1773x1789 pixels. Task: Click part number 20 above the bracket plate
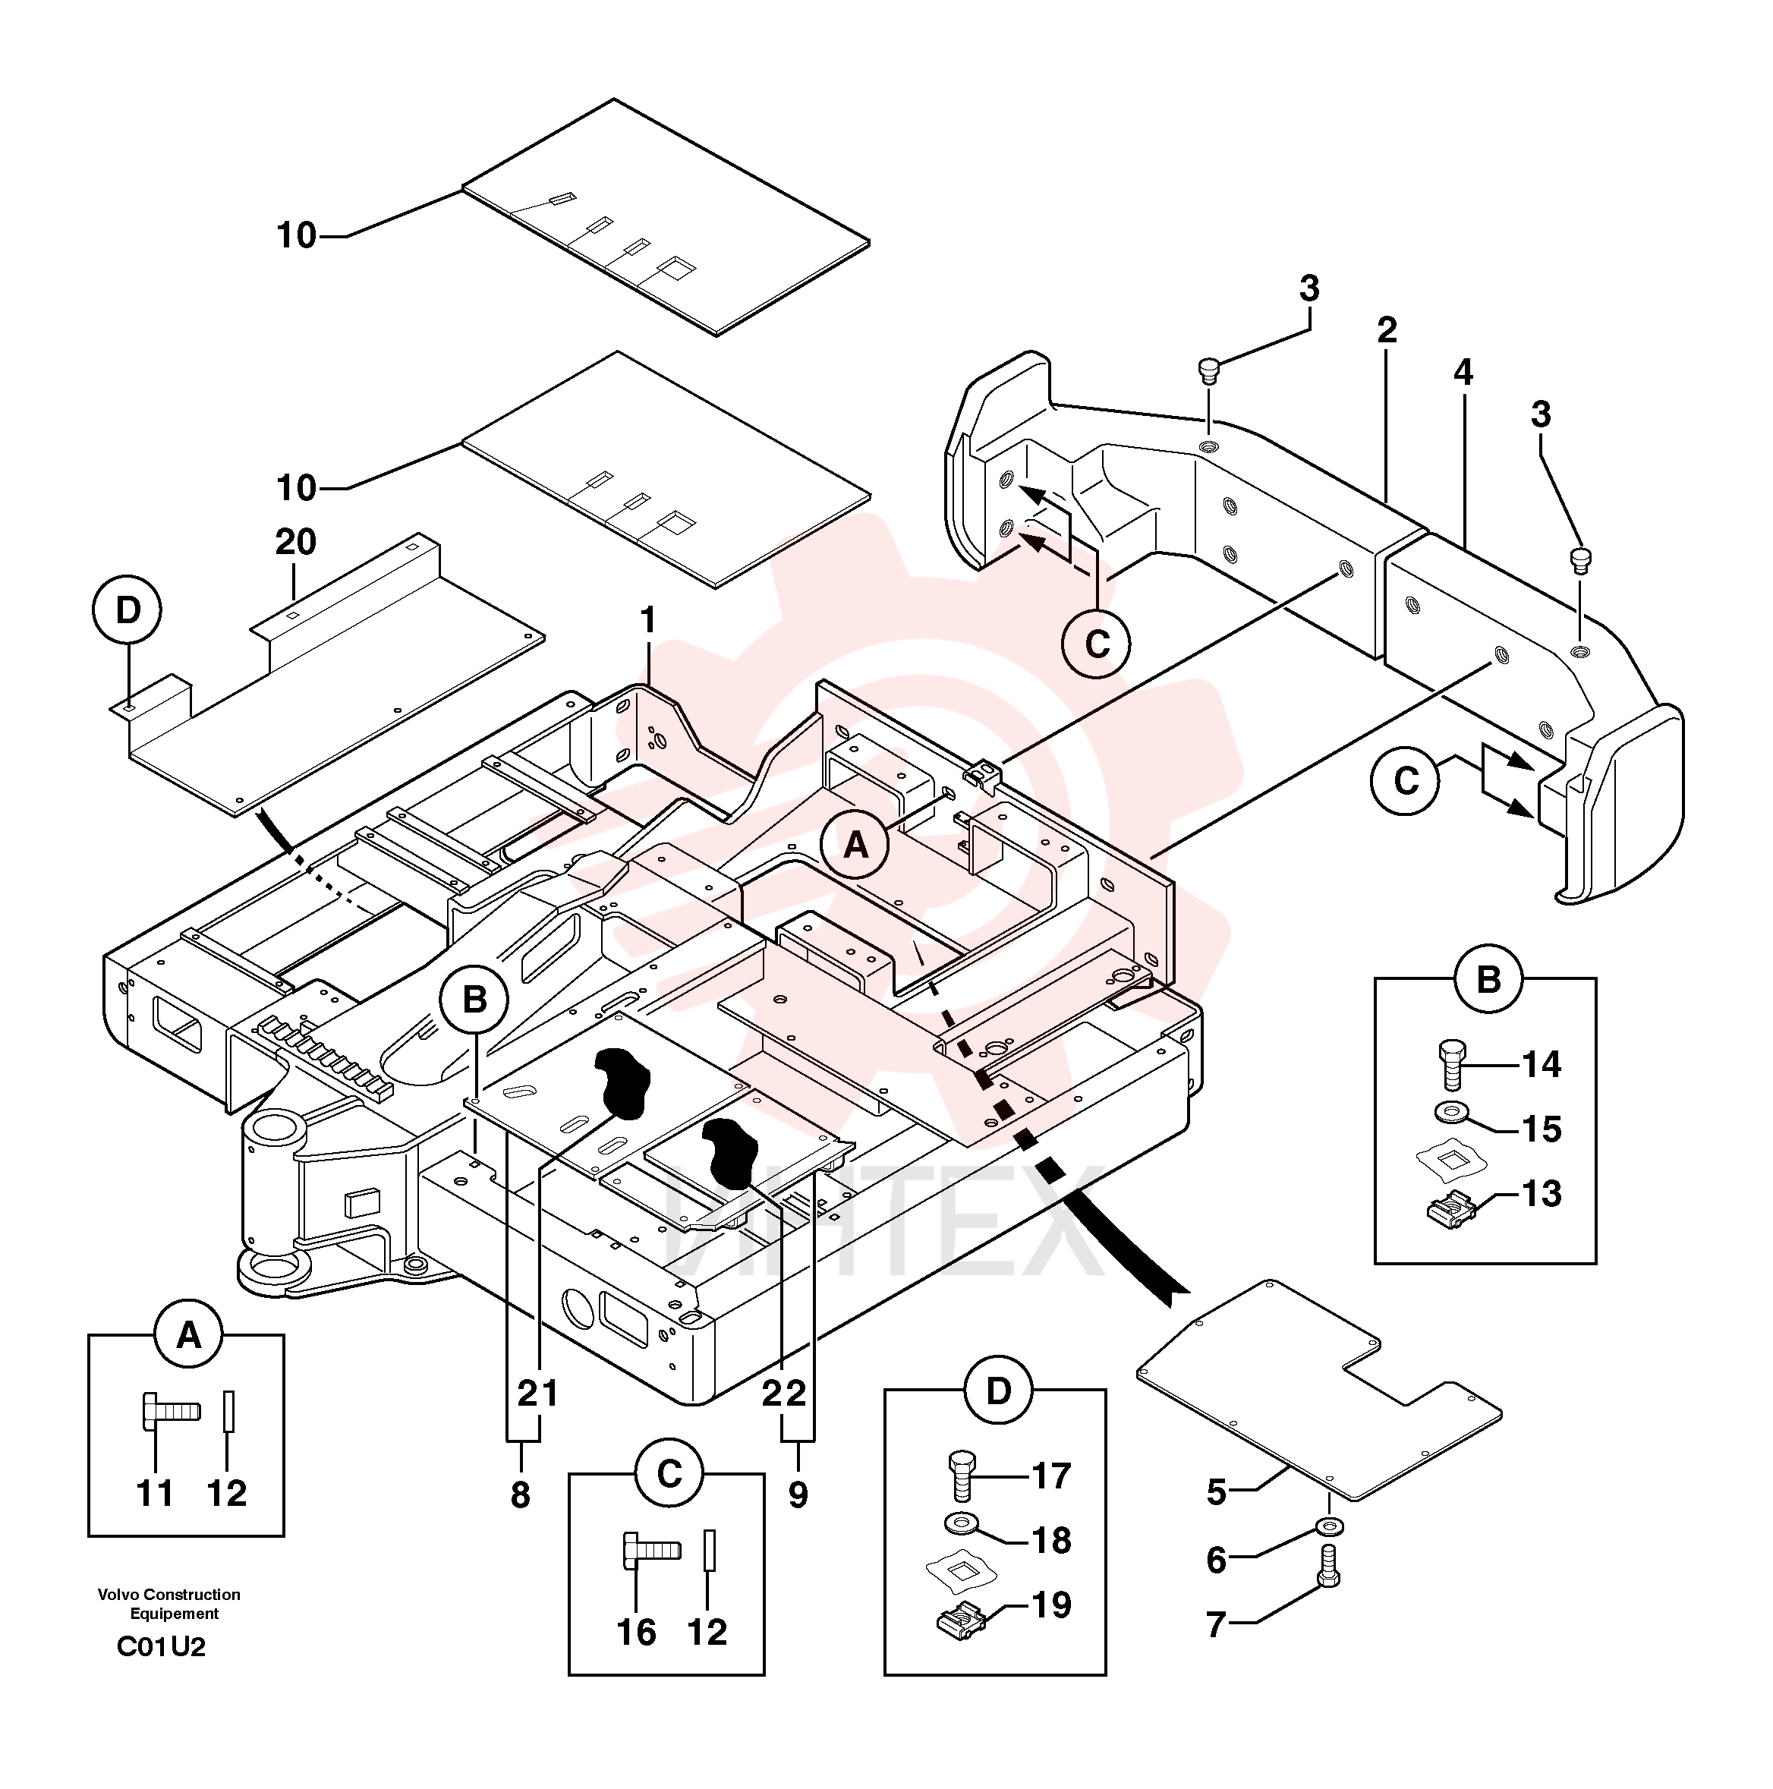(295, 542)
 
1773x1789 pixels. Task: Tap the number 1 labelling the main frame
(648, 620)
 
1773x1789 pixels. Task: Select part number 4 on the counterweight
(1462, 372)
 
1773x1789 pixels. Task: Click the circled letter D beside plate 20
(128, 610)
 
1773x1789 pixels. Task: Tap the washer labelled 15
(1452, 1110)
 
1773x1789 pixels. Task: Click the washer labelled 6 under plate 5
(1330, 1524)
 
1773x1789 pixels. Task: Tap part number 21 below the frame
(538, 1393)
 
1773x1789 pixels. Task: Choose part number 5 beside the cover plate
(1217, 1493)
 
